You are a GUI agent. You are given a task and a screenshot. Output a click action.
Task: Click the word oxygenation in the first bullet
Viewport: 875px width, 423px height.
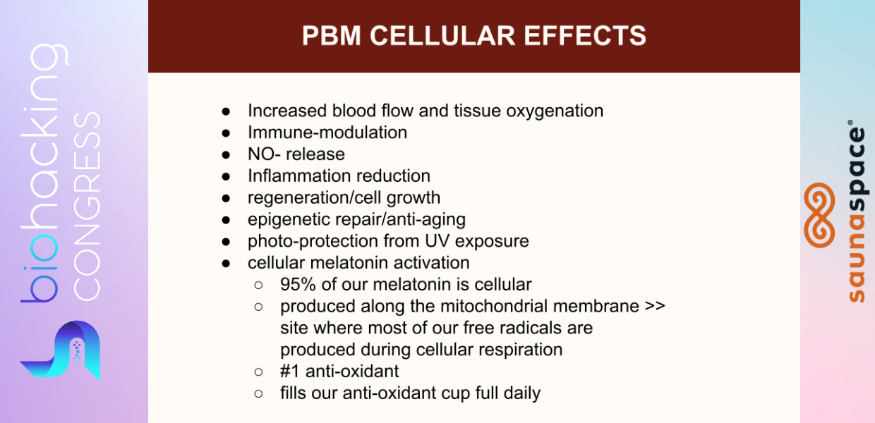pyautogui.click(x=555, y=111)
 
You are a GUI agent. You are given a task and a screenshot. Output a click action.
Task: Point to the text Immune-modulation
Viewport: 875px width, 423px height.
pyautogui.click(x=327, y=133)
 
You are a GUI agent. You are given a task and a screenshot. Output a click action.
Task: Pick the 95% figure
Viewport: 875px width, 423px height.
pyautogui.click(x=298, y=285)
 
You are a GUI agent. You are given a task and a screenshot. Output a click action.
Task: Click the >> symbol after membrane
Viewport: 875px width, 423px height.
pyautogui.click(x=655, y=306)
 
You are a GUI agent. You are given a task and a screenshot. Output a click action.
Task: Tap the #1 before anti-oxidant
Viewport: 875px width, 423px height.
pyautogui.click(x=289, y=371)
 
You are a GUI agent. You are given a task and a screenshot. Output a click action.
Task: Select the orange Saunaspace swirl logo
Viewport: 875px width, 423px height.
pyautogui.click(x=819, y=215)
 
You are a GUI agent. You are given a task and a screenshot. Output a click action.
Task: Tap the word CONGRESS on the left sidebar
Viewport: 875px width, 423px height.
pyautogui.click(x=86, y=207)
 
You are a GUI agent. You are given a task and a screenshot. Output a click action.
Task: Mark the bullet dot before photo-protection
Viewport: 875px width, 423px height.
pyautogui.click(x=226, y=242)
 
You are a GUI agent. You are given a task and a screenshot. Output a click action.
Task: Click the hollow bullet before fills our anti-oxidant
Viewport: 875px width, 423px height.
pyautogui.click(x=258, y=393)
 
